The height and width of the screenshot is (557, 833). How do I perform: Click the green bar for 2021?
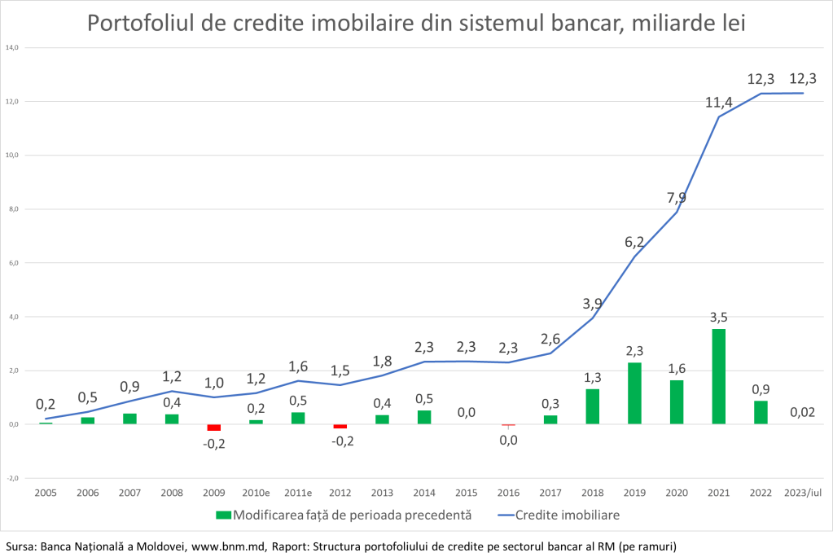pyautogui.click(x=718, y=376)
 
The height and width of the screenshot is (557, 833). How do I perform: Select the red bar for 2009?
pyautogui.click(x=213, y=428)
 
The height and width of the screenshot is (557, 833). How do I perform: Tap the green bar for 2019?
pyautogui.click(x=634, y=393)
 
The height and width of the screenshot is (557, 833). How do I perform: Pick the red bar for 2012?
pyautogui.click(x=340, y=427)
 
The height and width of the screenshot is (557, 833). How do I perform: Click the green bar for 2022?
pyautogui.click(x=761, y=412)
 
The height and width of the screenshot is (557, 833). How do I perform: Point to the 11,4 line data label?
pyautogui.click(x=719, y=102)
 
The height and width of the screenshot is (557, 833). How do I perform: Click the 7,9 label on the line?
pyautogui.click(x=677, y=197)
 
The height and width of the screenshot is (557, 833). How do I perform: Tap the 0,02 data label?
pyautogui.click(x=802, y=413)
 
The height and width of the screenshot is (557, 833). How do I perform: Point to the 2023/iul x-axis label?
pyautogui.click(x=802, y=493)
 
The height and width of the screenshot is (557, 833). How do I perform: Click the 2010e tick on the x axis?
pyautogui.click(x=256, y=493)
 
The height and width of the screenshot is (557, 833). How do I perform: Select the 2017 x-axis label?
pyautogui.click(x=550, y=493)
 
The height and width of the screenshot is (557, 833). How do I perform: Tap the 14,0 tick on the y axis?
pyautogui.click(x=12, y=48)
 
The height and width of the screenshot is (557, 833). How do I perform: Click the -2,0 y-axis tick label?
pyautogui.click(x=12, y=478)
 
